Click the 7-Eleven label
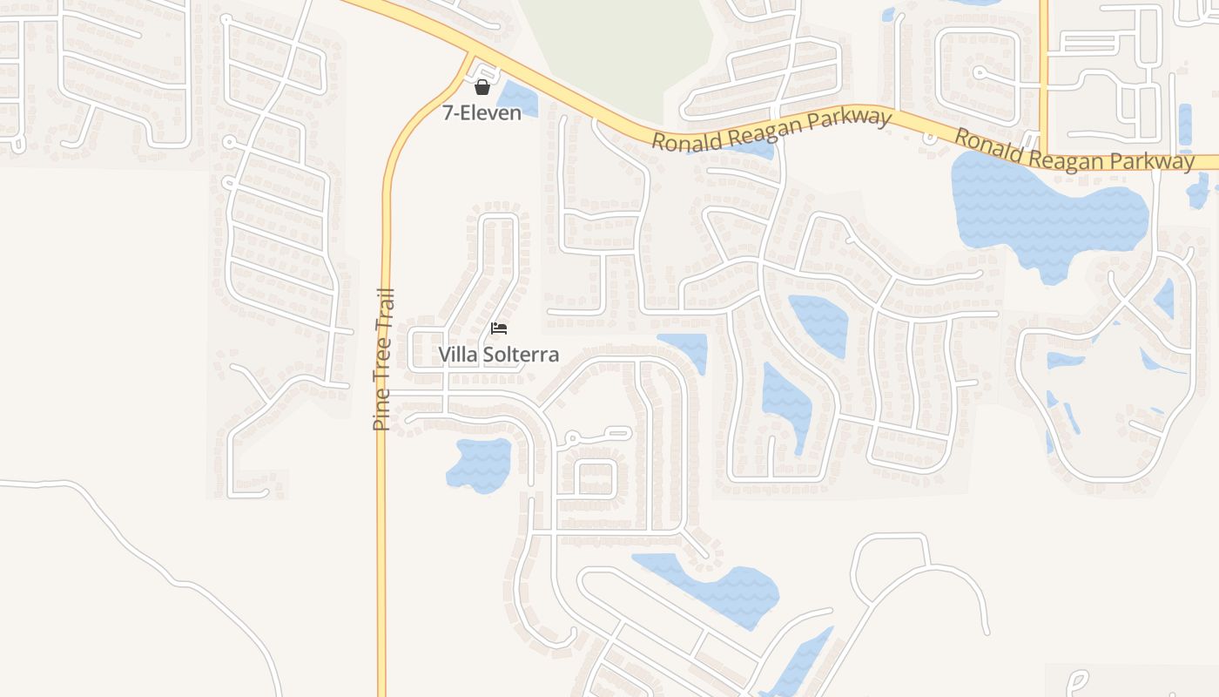coord(482,112)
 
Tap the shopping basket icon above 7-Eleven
coord(482,86)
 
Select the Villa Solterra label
coord(498,355)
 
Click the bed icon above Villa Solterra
coord(499,328)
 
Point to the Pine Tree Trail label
coord(383,359)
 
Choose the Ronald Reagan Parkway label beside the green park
coord(772,131)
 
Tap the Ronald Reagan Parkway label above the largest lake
coord(1074,150)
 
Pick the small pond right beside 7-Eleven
coord(516,98)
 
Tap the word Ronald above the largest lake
coord(987,143)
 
